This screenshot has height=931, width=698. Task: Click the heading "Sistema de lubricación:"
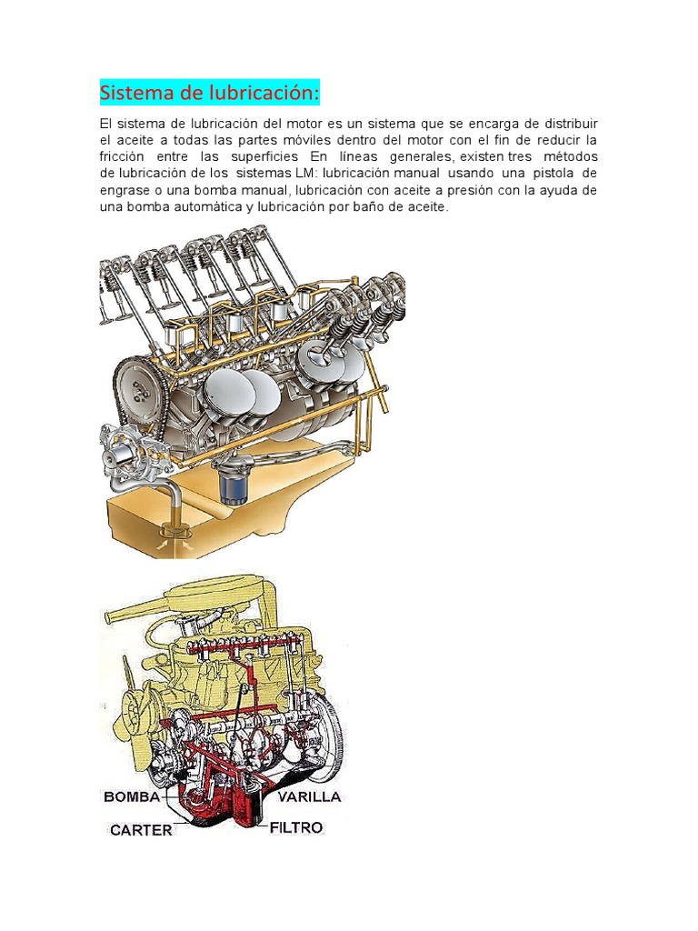pos(210,93)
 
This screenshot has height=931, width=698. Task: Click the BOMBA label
pos(132,796)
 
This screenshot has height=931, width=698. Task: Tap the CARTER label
pos(141,829)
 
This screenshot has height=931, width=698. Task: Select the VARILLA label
pos(309,796)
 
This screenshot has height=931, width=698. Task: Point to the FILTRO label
pos(296,827)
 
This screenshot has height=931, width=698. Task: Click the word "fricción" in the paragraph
pos(122,156)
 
